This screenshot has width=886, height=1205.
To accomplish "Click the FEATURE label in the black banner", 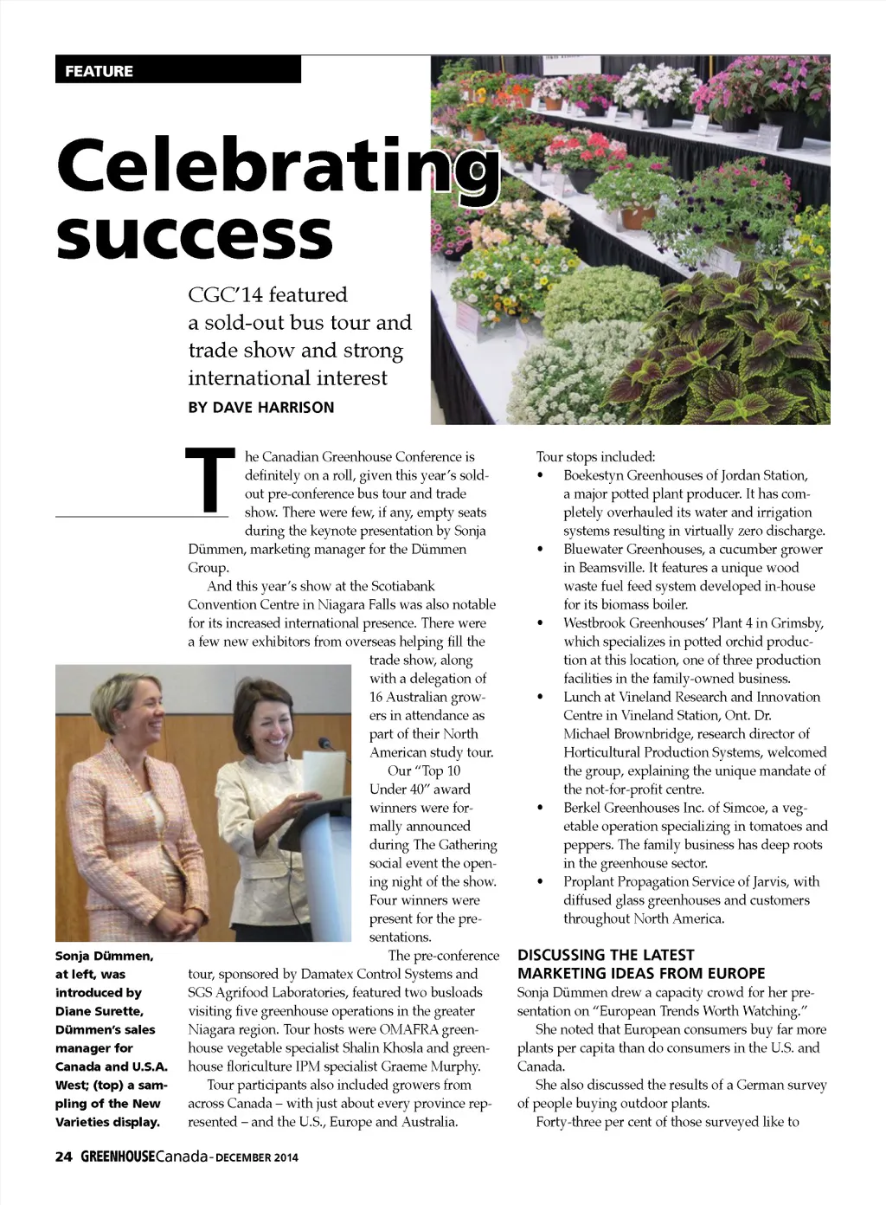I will [99, 71].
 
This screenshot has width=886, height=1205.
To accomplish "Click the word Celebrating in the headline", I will [277, 165].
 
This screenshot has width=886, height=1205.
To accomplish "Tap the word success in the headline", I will [195, 235].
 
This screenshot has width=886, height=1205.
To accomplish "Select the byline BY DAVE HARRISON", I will [260, 408].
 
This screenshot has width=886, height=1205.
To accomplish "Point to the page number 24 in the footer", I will [63, 1157].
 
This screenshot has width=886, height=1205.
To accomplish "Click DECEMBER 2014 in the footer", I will [257, 1157].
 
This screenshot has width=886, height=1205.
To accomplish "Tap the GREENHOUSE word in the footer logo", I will [118, 1157].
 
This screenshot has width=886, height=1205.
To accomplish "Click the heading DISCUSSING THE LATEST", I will [606, 955].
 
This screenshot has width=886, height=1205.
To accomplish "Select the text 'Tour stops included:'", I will [595, 456].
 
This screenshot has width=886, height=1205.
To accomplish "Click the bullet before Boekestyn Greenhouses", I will [541, 476].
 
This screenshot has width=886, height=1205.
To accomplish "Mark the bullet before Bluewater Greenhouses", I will [541, 550].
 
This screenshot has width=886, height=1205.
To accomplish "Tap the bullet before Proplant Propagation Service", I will [541, 882].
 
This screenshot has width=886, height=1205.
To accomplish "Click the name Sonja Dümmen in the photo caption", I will [104, 956].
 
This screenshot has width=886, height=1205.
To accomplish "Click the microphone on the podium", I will [325, 744].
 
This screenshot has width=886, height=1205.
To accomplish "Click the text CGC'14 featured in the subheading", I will [267, 294].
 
